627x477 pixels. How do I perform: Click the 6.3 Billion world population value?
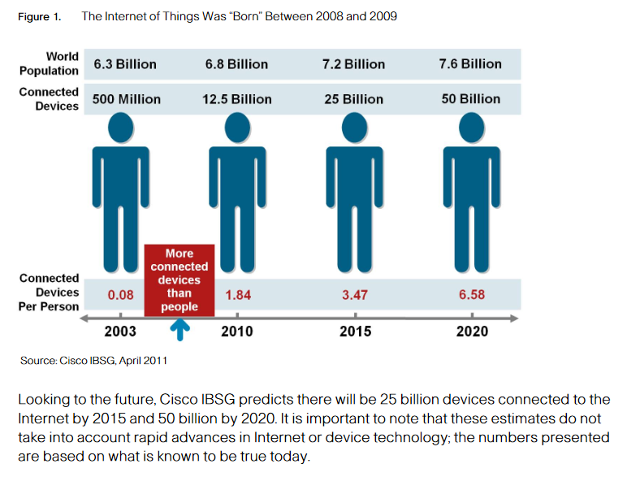pos(125,64)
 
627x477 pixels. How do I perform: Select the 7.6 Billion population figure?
pos(470,64)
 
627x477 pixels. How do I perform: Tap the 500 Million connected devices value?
pos(126,99)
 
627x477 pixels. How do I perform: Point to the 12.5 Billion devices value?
pos(237,99)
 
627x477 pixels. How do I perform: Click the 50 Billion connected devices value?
pos(470,99)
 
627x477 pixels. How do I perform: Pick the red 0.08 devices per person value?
pos(120,295)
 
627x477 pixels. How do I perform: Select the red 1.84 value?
pos(238,295)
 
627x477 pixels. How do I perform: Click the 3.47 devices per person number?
pos(355,295)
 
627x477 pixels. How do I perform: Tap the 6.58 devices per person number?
pos(471,295)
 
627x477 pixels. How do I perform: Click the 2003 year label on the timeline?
pos(120,332)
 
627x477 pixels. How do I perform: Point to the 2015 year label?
pos(355,332)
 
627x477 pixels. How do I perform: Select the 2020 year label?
pos(471,332)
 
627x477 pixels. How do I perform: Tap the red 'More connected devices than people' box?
pos(179,280)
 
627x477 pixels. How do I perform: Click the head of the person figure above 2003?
pos(120,128)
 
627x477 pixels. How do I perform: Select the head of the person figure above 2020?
pos(471,128)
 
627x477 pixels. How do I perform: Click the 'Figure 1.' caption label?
pos(39,17)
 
